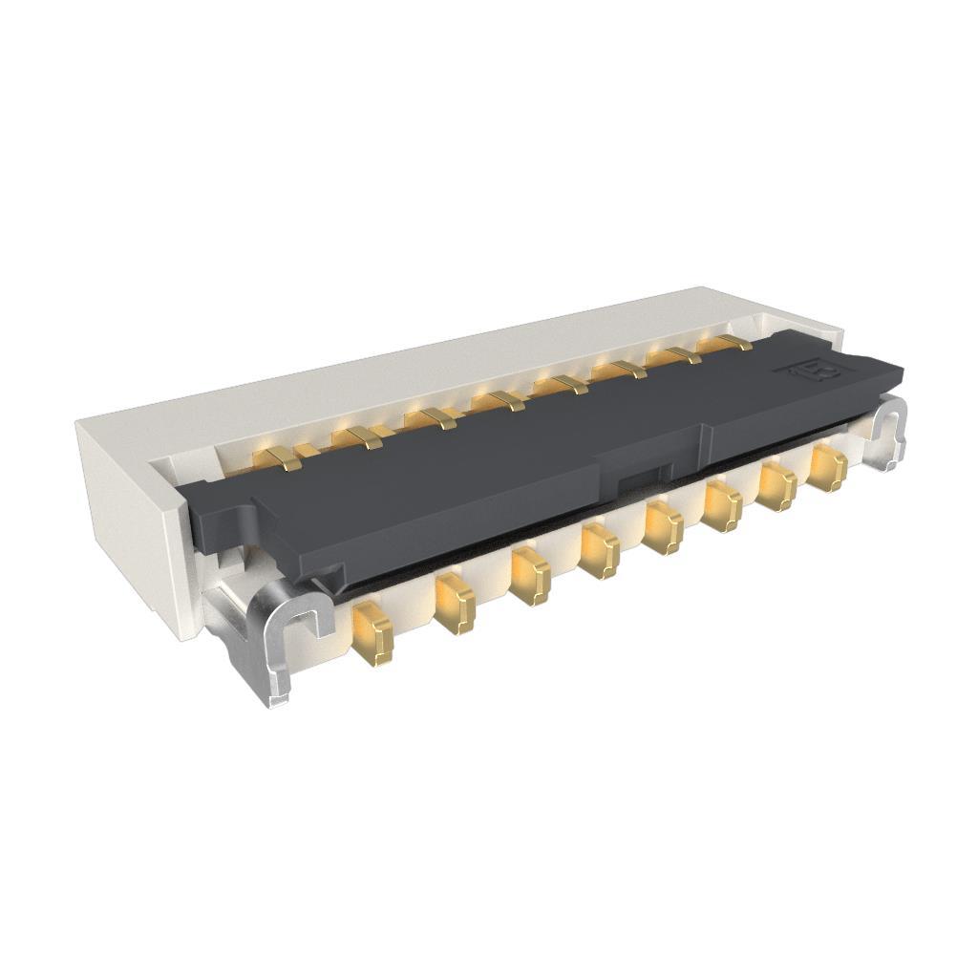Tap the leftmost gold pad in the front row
[373, 633]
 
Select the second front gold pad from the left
[455, 603]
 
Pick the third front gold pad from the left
[530, 575]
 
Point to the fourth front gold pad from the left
[599, 551]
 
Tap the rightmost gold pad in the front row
[828, 468]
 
